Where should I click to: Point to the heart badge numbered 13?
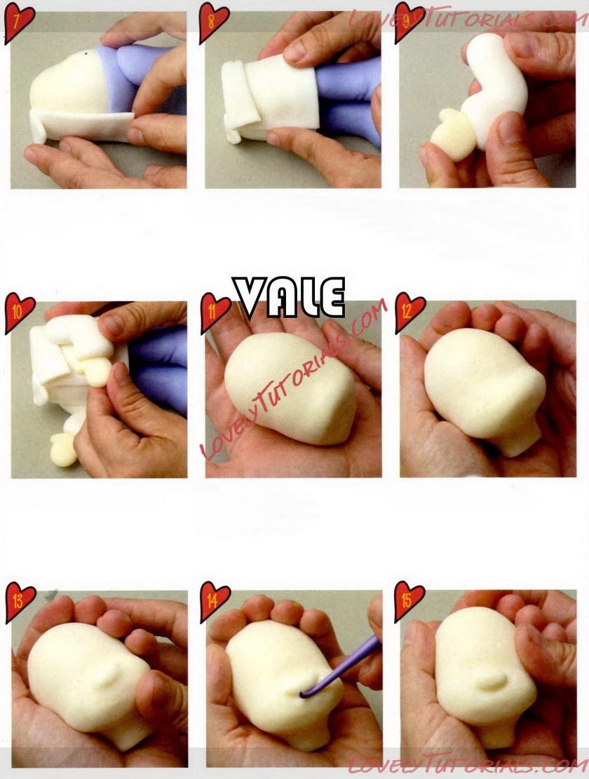coord(20,602)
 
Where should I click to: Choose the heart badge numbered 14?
coord(215,602)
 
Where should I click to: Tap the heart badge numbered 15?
coord(409,602)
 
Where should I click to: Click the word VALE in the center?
coord(289,297)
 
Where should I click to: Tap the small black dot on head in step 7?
coord(86,53)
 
